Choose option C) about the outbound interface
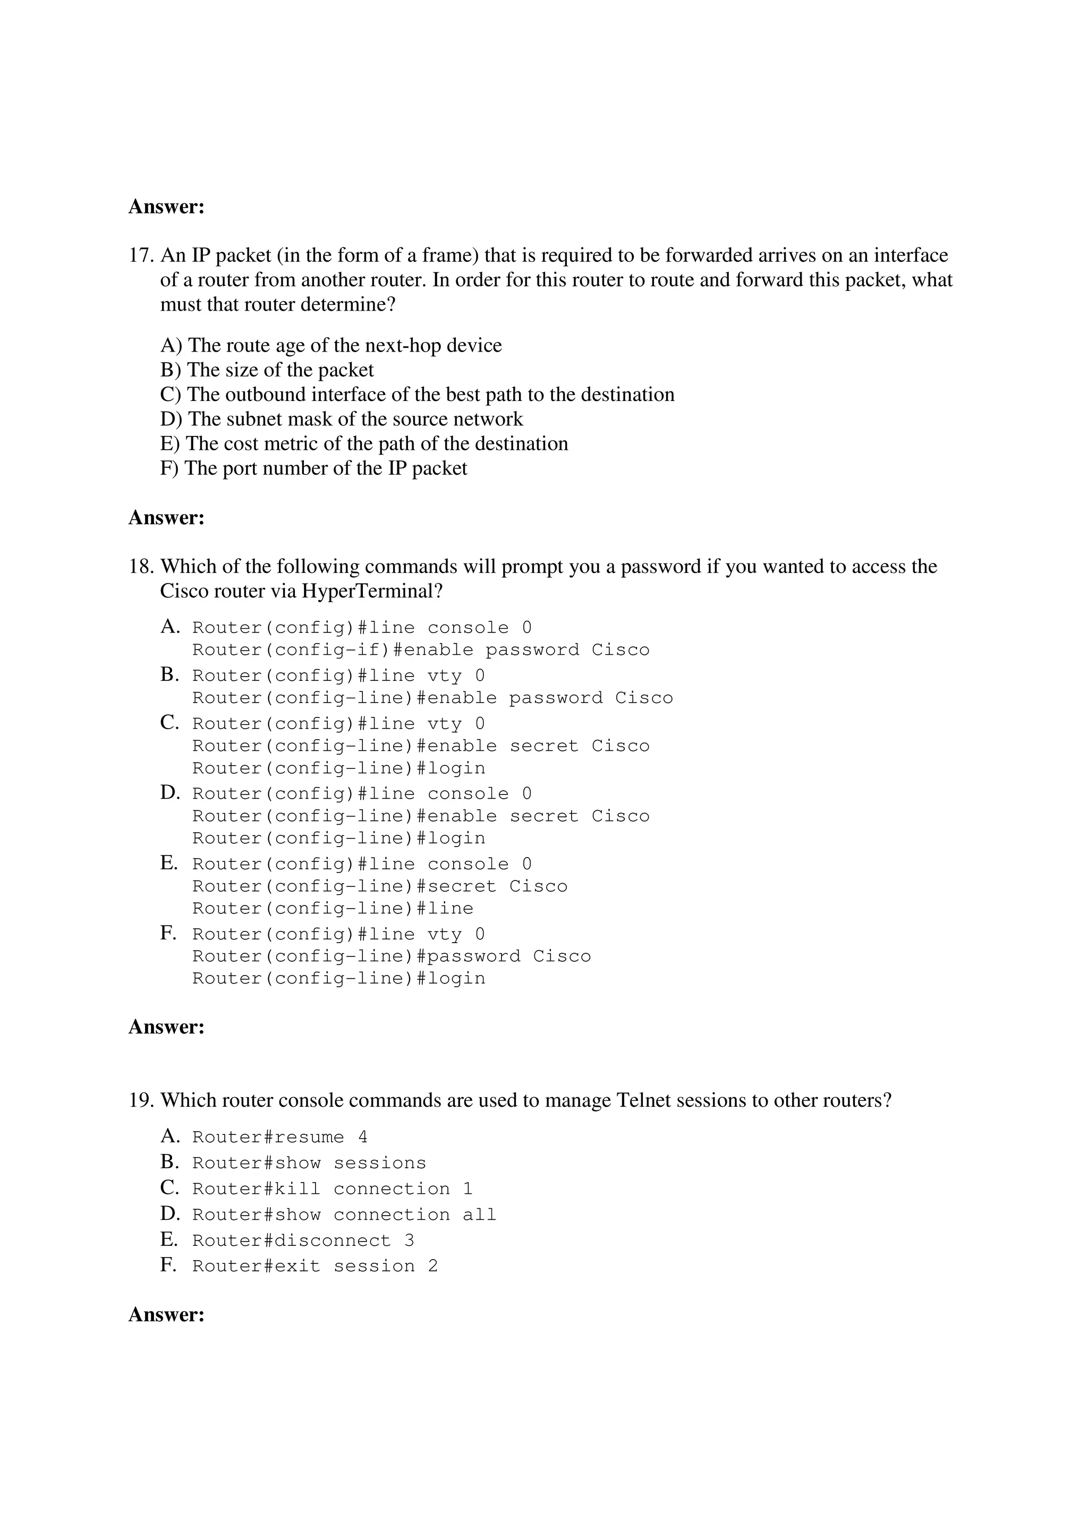click(x=417, y=394)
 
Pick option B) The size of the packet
click(x=267, y=370)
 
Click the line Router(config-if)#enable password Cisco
click(x=421, y=649)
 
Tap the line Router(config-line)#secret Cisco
click(x=379, y=886)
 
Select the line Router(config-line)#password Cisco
click(x=392, y=956)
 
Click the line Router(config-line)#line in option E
click(x=333, y=908)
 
